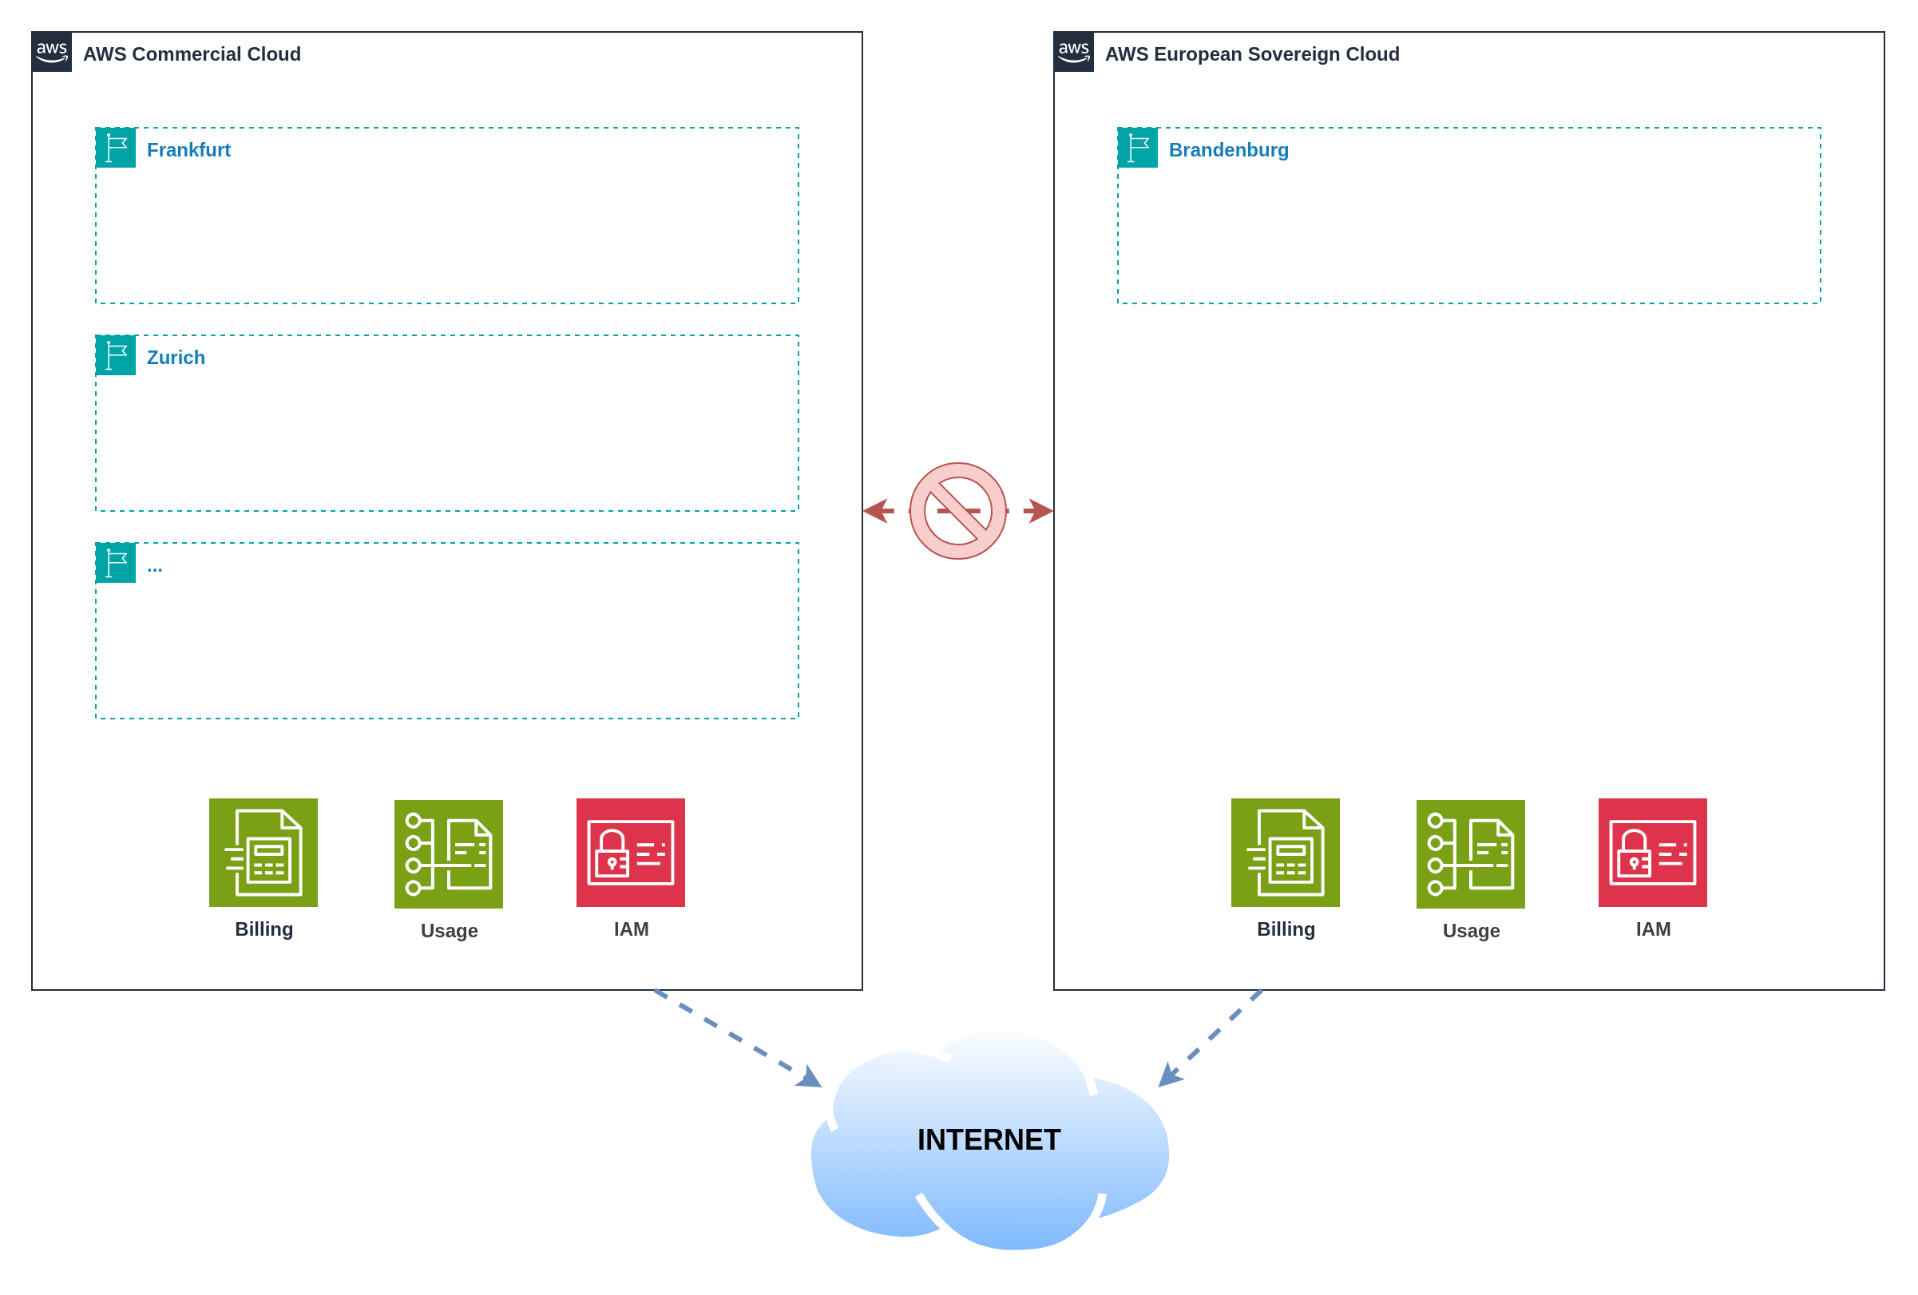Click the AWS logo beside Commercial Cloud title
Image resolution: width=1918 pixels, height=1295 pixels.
[51, 52]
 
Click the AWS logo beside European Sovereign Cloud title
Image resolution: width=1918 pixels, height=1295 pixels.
[1073, 52]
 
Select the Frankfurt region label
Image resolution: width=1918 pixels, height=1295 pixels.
[188, 150]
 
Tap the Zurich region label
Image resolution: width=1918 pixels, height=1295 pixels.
[176, 358]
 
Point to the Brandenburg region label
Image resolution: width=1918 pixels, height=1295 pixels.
[1228, 150]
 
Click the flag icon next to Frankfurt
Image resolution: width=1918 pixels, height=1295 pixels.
[116, 148]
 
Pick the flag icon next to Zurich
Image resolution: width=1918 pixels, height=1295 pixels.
[116, 355]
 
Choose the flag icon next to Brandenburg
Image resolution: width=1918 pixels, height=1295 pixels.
[1137, 148]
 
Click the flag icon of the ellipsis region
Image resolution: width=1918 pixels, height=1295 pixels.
[116, 563]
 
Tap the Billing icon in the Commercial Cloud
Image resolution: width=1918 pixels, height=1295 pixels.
[264, 852]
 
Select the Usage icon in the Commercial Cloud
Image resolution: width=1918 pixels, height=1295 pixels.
[448, 853]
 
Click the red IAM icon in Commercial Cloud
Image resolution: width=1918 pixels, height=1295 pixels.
[631, 852]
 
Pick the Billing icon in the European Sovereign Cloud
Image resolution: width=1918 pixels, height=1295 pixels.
[1285, 852]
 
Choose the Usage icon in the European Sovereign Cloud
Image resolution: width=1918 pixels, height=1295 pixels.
[1470, 853]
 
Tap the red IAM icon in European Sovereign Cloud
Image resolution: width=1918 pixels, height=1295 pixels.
[1652, 852]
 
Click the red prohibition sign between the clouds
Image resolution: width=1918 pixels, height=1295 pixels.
[957, 511]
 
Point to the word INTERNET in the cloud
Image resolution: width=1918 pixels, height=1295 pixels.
[989, 1140]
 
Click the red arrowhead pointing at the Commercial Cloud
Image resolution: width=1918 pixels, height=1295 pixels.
[876, 511]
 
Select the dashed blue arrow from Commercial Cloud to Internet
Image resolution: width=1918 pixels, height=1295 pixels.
[735, 1036]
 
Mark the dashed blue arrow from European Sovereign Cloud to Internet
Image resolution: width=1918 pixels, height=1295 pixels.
[1211, 1036]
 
